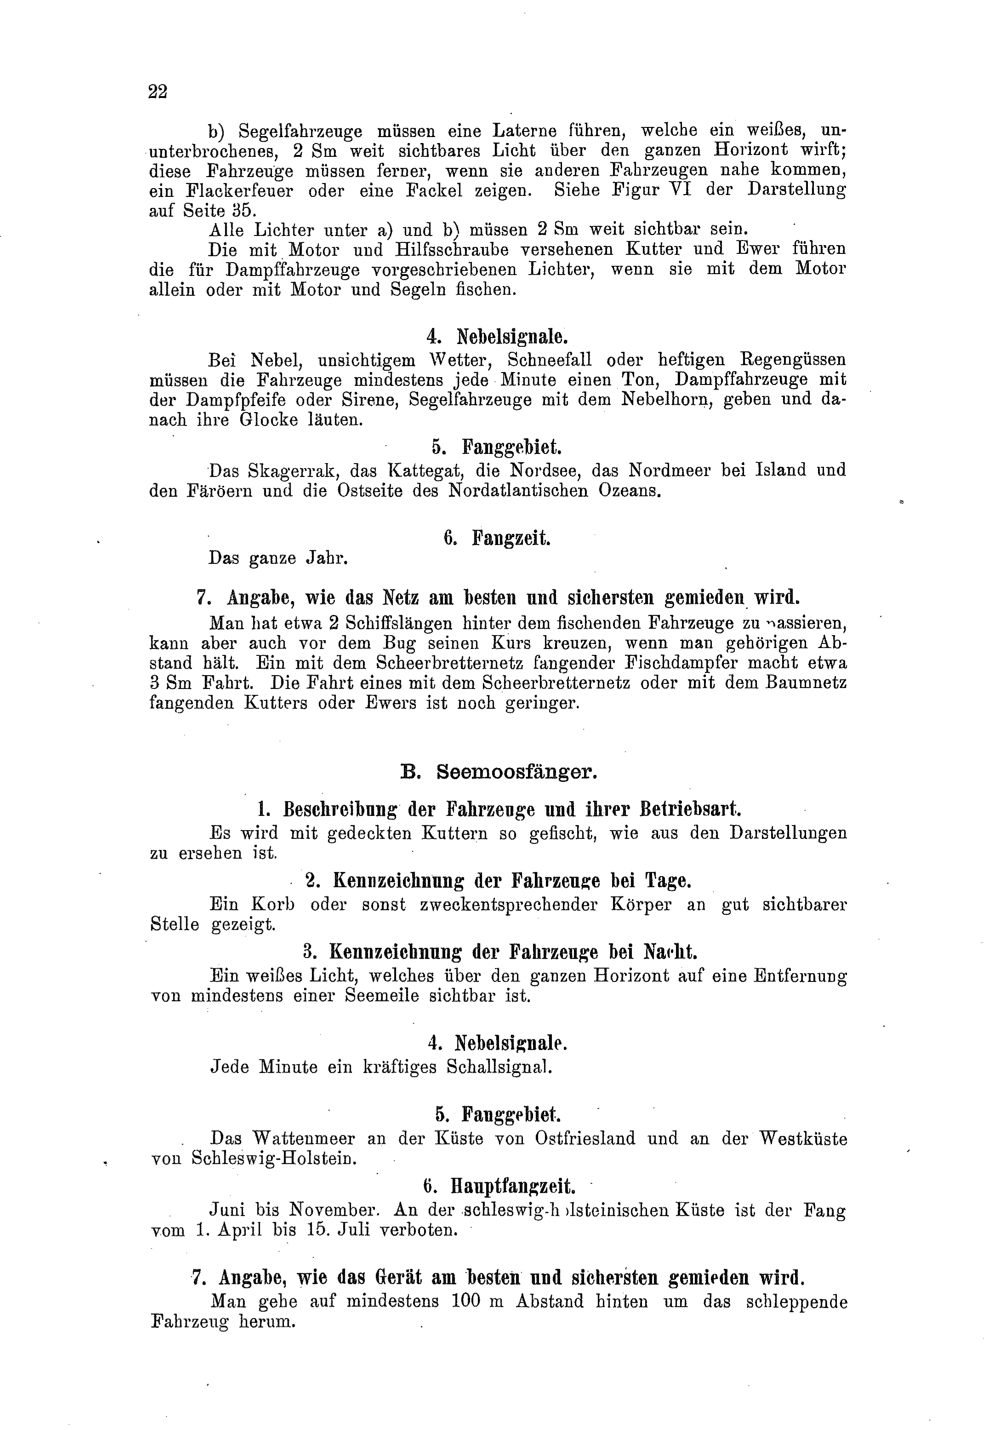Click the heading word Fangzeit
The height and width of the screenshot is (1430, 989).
(x=511, y=537)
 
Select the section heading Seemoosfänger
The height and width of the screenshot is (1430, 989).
(x=517, y=772)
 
